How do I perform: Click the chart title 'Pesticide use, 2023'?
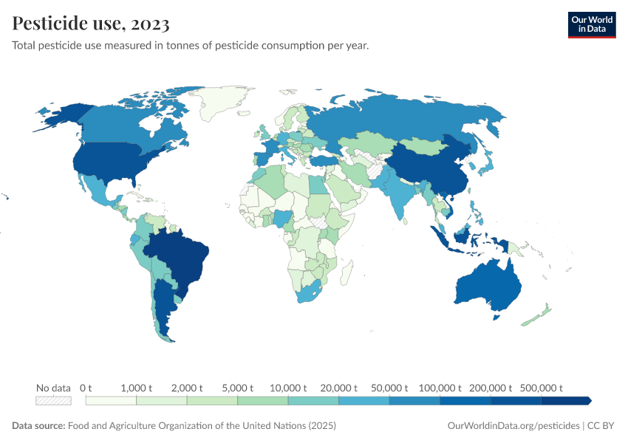coord(91,24)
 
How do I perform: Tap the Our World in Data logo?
coord(591,24)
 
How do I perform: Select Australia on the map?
coord(488,284)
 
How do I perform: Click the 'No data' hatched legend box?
coord(53,400)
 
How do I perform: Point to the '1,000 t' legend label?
coord(136,388)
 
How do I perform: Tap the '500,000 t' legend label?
coord(541,388)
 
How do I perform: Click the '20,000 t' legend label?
coord(338,388)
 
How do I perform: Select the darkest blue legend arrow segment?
coord(566,400)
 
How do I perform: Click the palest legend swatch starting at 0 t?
coord(111,400)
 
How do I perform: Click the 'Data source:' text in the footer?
coord(38,426)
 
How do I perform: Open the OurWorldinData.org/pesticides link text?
coord(514,426)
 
